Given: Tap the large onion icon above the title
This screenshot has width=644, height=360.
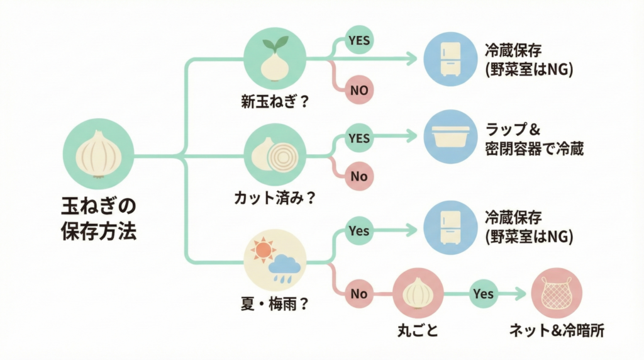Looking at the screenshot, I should point(99,153).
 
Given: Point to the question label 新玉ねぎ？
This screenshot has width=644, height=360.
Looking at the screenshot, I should point(275,101).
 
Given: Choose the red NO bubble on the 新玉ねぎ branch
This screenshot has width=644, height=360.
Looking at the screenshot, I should point(359,89).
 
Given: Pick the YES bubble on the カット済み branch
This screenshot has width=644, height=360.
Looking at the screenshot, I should point(359,137).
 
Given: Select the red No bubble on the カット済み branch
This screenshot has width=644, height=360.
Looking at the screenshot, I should point(359,176).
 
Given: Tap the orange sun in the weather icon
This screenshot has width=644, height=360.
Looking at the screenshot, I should point(263,250).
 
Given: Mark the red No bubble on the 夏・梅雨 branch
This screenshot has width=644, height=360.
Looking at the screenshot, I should point(359,294).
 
